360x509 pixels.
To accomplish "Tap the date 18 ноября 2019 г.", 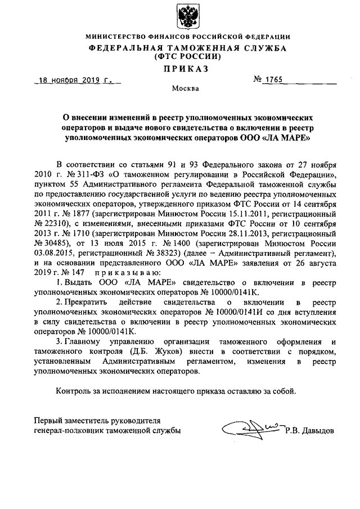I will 73,81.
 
